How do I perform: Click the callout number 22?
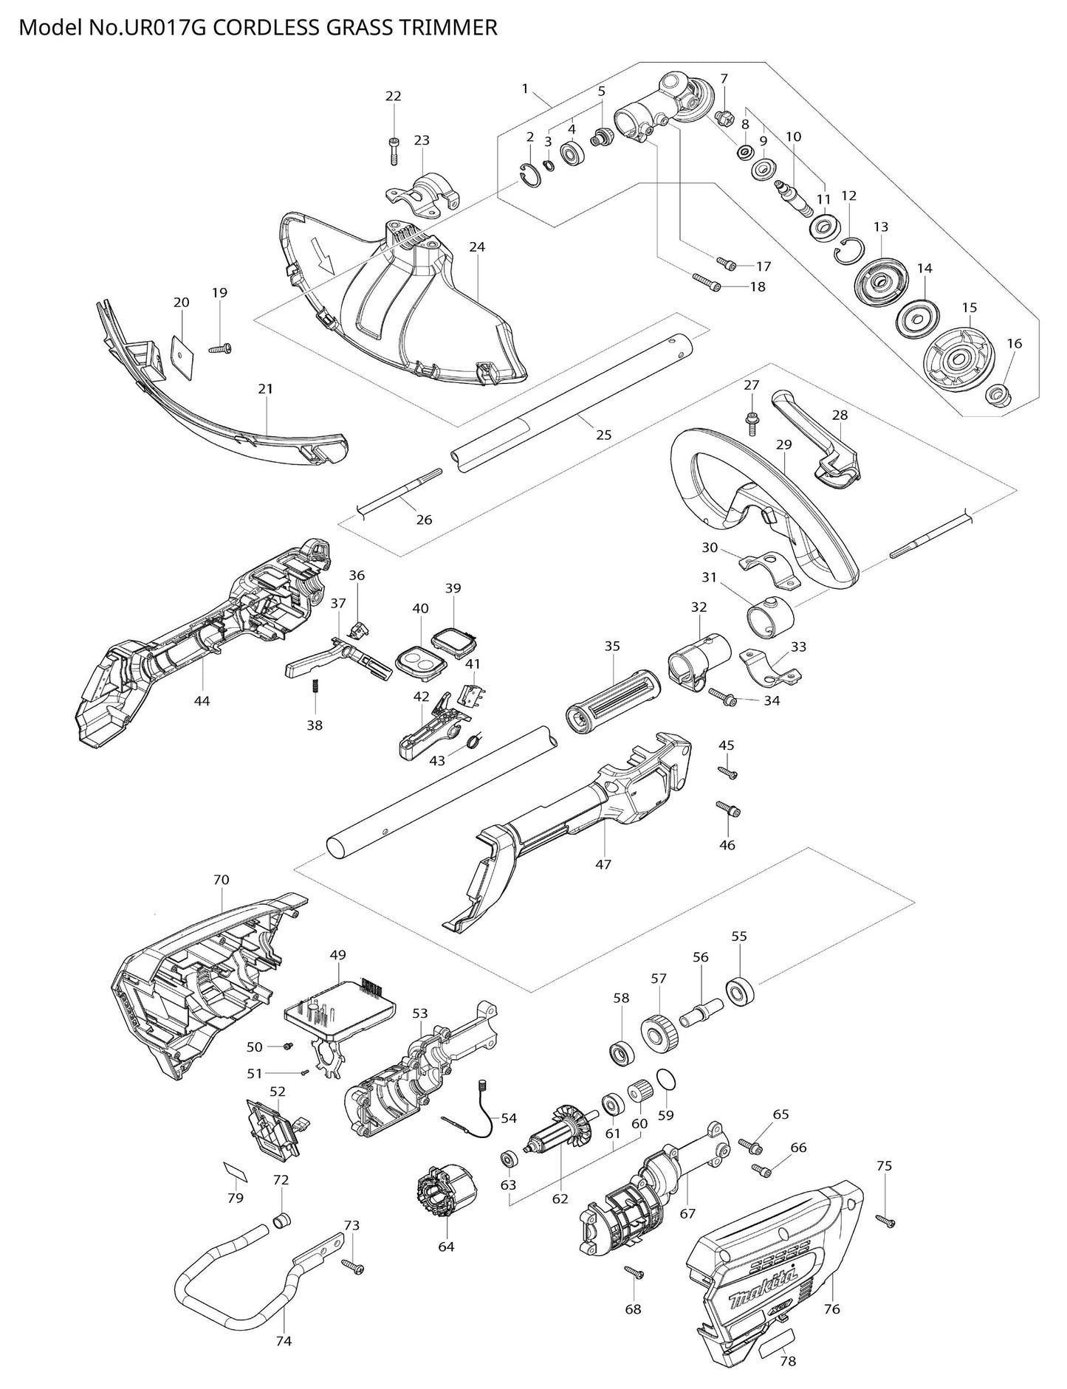click(x=394, y=96)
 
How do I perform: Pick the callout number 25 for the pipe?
click(x=603, y=435)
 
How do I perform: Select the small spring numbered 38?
click(x=315, y=686)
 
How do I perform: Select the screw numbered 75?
click(x=885, y=1221)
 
